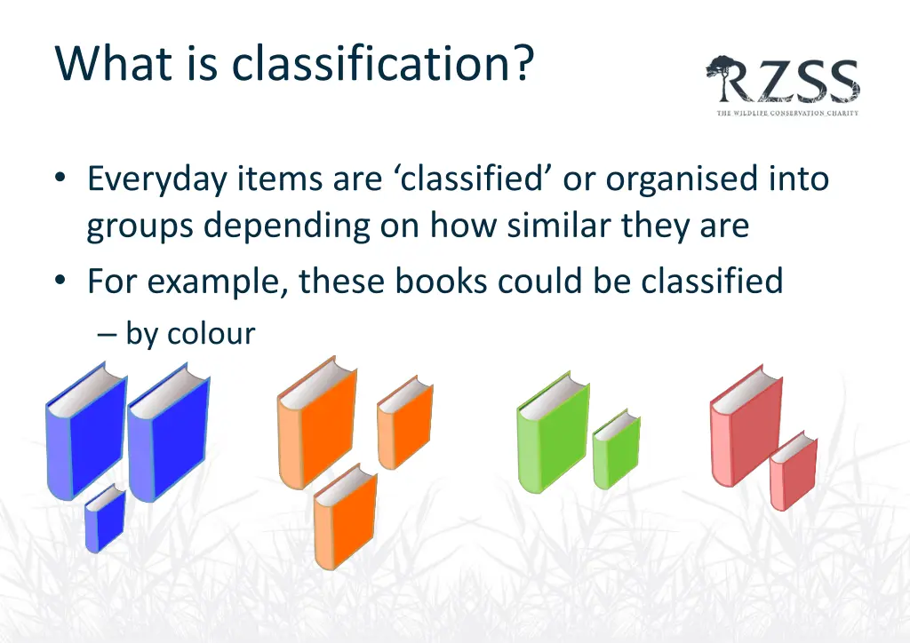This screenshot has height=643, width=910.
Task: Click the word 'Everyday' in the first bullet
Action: tap(157, 180)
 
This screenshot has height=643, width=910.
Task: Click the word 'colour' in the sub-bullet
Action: tap(211, 334)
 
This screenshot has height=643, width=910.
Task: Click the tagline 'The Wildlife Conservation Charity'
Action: tap(787, 113)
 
